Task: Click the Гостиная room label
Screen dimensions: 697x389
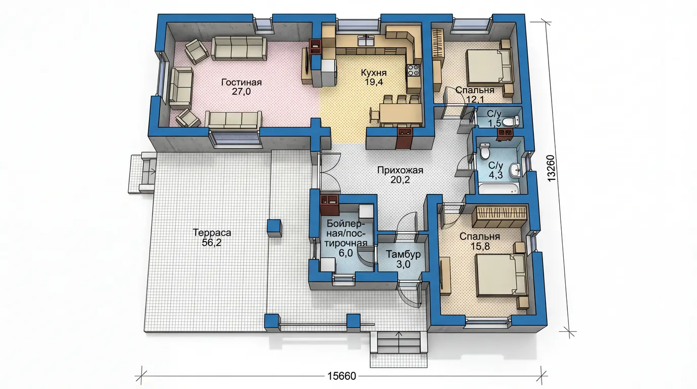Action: [241, 82]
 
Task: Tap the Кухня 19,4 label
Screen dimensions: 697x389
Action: [374, 77]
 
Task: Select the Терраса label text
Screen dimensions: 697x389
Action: [212, 232]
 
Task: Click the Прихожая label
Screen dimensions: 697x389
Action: [400, 170]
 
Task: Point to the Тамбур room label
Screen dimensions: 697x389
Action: [403, 254]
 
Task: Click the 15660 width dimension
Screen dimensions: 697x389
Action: [341, 376]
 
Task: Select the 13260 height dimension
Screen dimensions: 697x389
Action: [551, 168]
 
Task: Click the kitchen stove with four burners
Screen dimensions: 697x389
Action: [413, 70]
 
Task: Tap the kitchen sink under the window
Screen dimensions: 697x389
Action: [367, 41]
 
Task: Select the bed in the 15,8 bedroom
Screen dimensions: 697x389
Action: [500, 275]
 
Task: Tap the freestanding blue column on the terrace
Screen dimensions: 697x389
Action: [274, 228]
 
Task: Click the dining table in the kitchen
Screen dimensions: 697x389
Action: [401, 114]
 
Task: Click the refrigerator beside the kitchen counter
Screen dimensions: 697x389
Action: [329, 73]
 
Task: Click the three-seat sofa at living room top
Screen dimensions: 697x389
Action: [239, 48]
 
